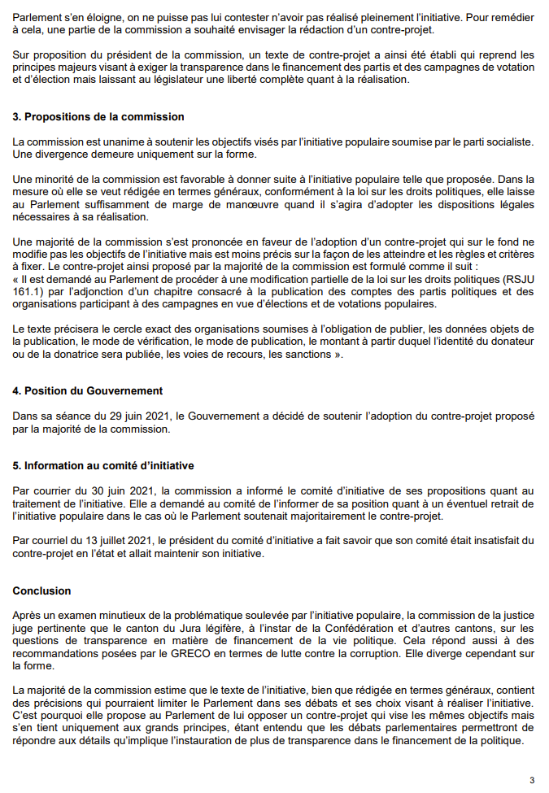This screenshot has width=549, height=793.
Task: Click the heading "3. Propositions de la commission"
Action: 98,117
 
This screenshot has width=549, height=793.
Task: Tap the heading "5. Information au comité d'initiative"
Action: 103,466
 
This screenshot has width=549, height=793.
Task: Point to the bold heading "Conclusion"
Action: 42,590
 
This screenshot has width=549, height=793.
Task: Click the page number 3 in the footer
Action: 532,780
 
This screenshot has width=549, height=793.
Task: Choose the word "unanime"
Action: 102,142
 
